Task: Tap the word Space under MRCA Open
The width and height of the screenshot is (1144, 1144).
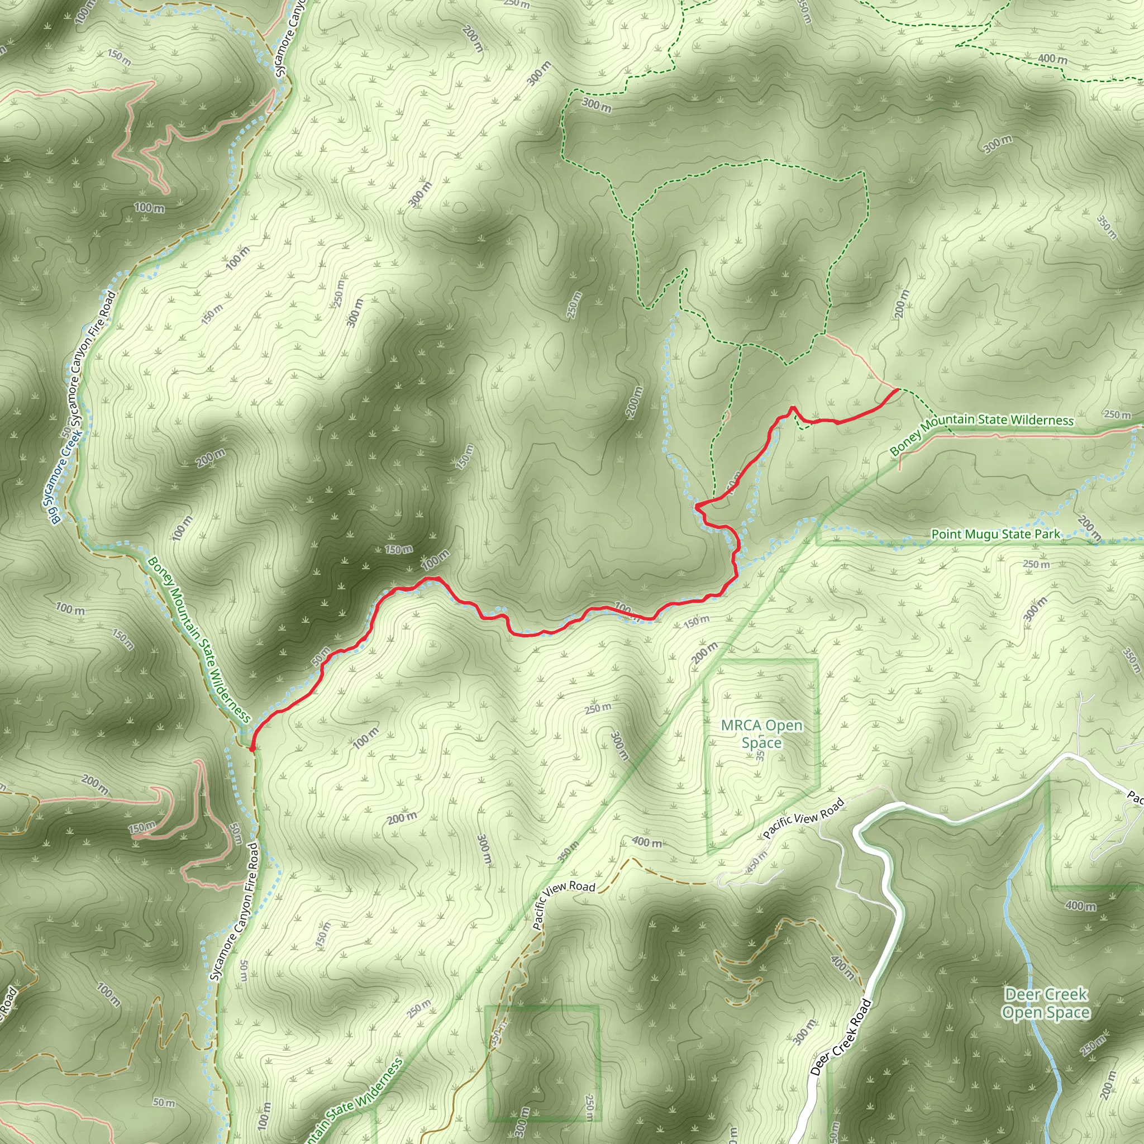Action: click(x=761, y=743)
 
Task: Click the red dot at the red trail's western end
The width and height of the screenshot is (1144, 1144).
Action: click(x=252, y=749)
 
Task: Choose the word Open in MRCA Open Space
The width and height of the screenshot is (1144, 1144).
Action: click(x=783, y=726)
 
